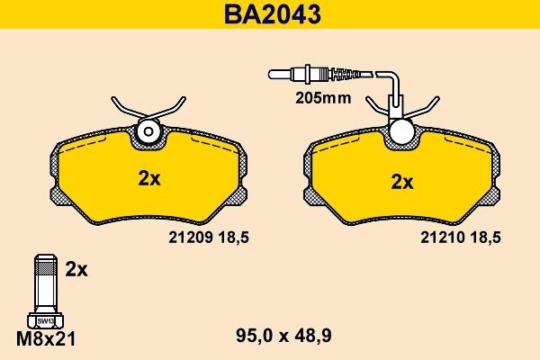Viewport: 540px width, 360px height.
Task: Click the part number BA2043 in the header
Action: click(272, 14)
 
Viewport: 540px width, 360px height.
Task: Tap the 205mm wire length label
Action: click(323, 98)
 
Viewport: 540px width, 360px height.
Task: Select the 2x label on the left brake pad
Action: click(149, 178)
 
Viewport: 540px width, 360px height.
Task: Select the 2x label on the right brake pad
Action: click(402, 182)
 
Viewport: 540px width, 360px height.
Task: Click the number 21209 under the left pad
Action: click(189, 238)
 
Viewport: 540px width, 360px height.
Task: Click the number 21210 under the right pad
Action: click(442, 238)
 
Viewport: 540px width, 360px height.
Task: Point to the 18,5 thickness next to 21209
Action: click(233, 238)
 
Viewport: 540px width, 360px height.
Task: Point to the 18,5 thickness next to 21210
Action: click(486, 238)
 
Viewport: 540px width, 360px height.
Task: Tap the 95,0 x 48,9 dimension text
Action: click(283, 336)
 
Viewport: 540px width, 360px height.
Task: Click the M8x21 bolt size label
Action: click(46, 339)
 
